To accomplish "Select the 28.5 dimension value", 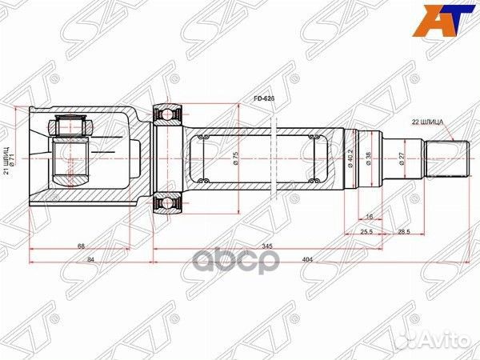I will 404,230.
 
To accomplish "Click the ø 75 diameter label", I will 237,158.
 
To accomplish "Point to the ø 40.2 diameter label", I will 350,158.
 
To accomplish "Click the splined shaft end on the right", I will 447,159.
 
